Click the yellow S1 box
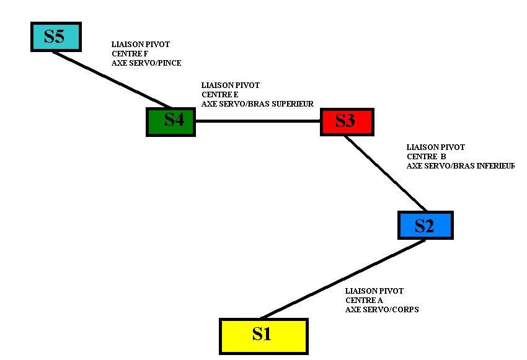click(263, 336)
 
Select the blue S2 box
click(425, 226)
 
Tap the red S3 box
click(347, 121)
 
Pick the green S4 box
click(171, 121)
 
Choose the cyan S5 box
click(56, 37)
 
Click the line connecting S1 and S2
click(343, 279)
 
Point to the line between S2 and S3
click(386, 173)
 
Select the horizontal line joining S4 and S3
click(257, 121)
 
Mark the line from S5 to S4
click(112, 79)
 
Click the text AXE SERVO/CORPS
click(381, 309)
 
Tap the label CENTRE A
click(364, 301)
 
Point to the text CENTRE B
click(426, 157)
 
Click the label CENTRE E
click(219, 94)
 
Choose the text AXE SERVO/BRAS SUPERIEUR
click(257, 103)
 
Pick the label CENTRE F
click(130, 54)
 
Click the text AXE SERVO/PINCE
click(146, 63)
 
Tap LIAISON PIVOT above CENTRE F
click(140, 45)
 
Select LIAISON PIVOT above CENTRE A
click(374, 291)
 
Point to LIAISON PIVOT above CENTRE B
click(435, 147)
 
